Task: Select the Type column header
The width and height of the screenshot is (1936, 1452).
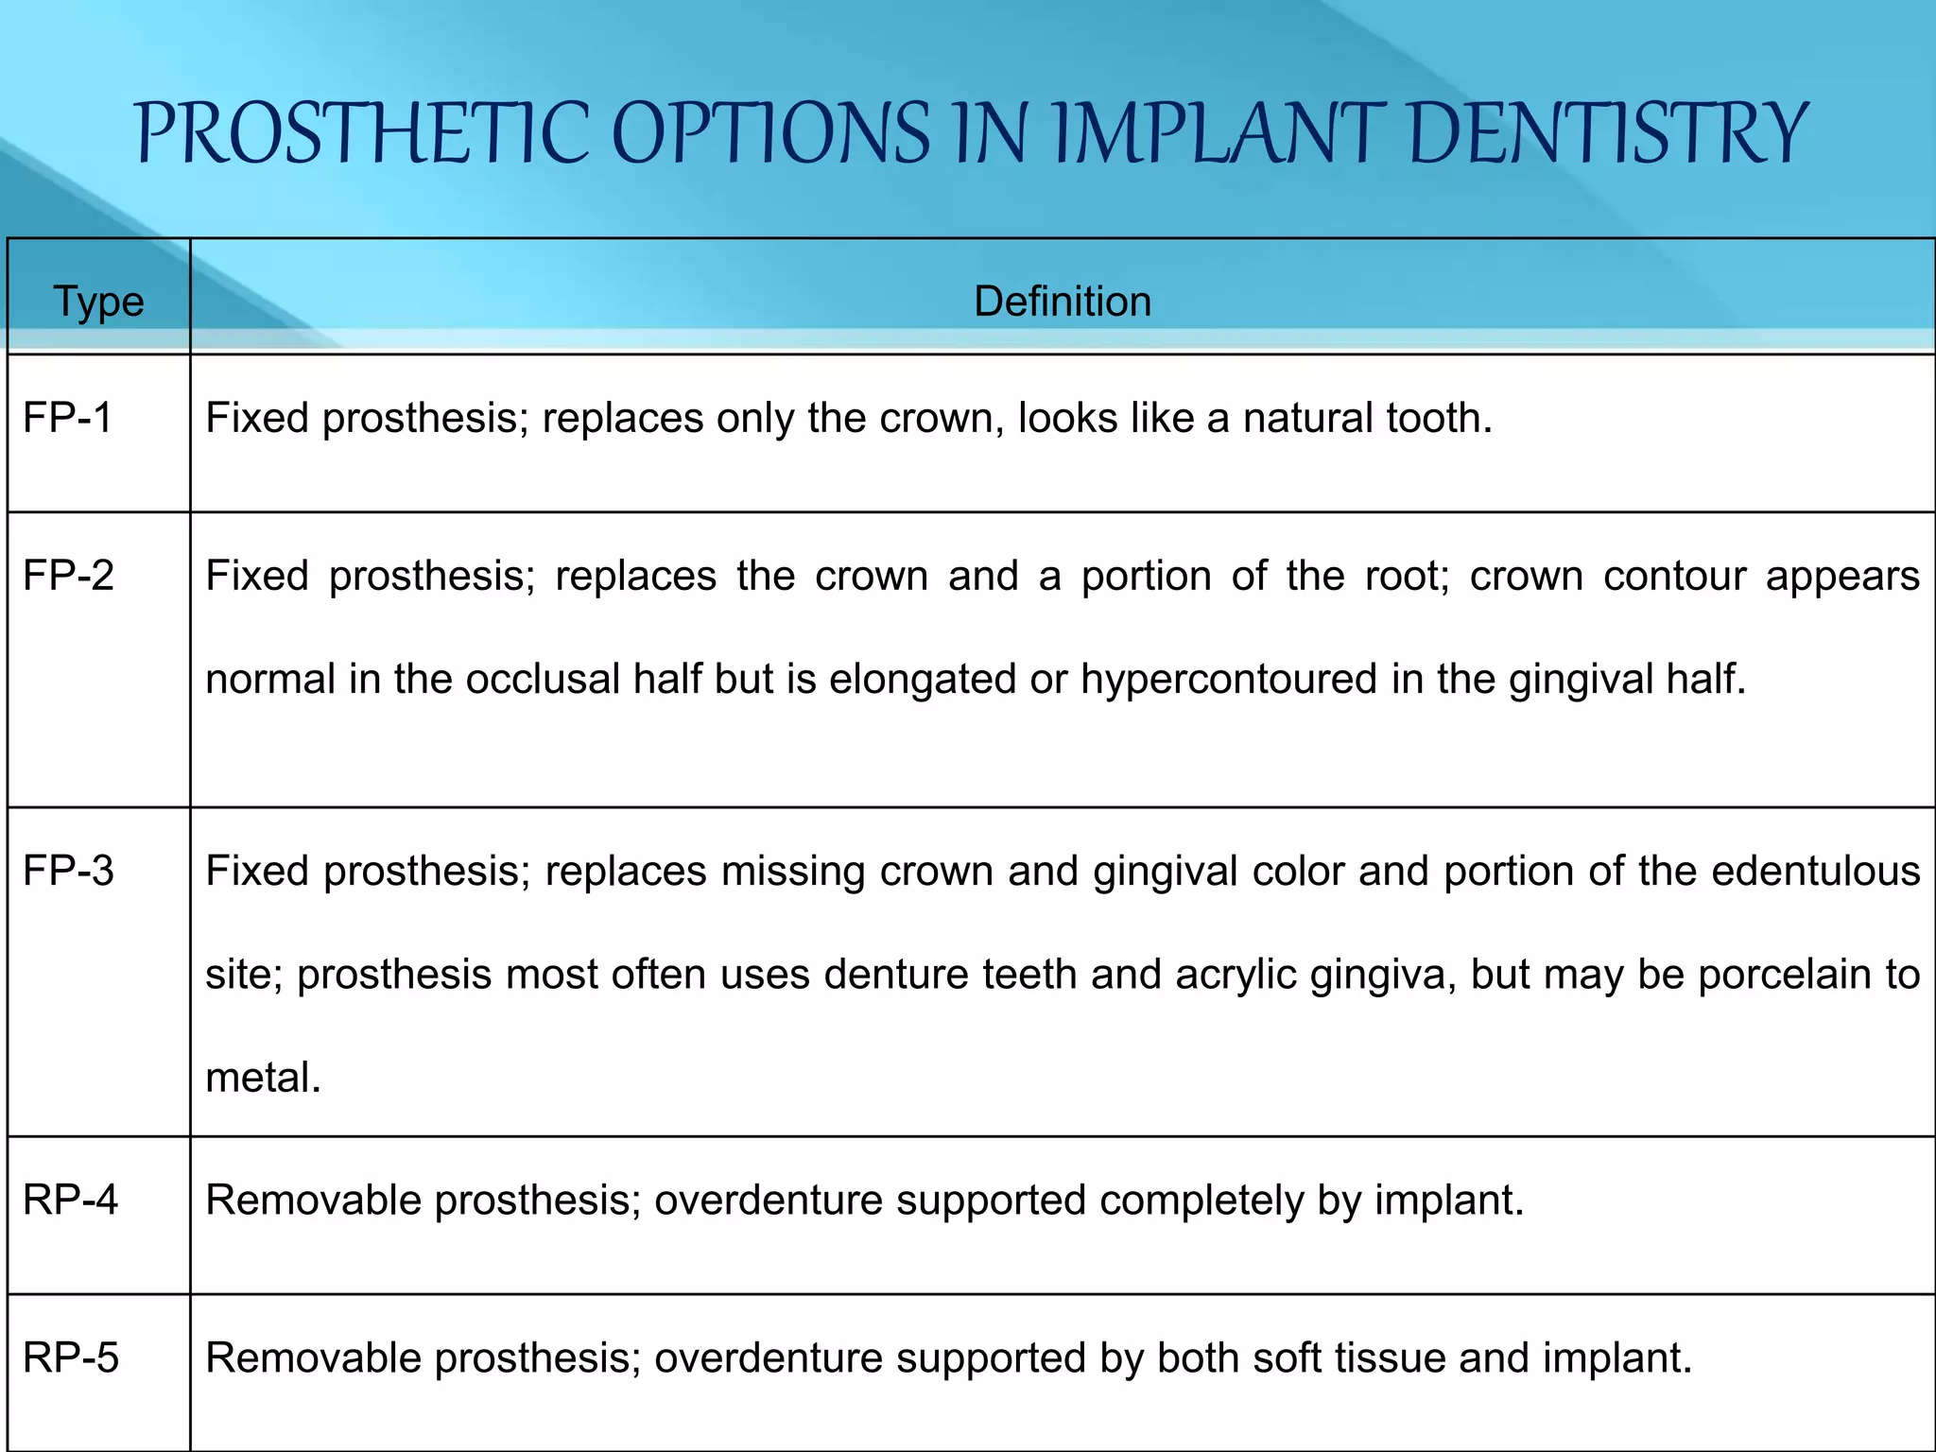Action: coord(98,302)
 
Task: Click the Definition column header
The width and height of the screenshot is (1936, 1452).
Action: coord(1063,302)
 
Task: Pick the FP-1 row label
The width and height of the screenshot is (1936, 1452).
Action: coord(67,418)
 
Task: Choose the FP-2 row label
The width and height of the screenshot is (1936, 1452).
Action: coord(68,576)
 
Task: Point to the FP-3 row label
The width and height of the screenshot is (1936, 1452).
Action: coord(68,871)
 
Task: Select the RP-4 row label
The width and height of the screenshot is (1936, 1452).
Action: coord(70,1200)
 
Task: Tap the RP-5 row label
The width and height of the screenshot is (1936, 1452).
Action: coord(71,1357)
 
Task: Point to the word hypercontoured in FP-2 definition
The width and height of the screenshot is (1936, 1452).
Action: coord(1229,679)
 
